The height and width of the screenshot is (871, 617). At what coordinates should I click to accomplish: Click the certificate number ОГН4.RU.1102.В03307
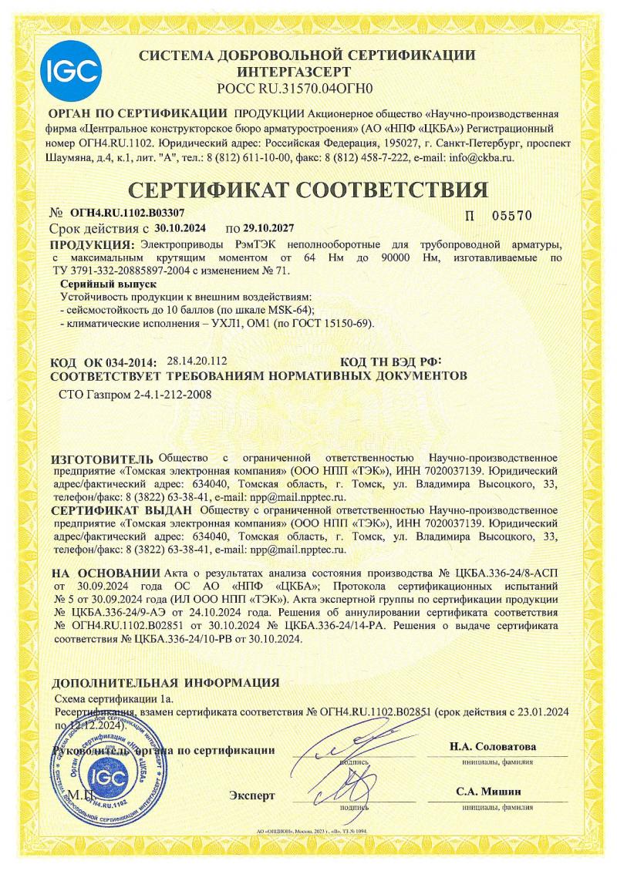[x=123, y=212]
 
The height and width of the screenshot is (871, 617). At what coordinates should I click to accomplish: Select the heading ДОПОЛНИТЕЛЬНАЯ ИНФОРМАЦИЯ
[x=165, y=682]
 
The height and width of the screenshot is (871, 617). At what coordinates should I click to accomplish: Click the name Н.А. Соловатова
[x=493, y=747]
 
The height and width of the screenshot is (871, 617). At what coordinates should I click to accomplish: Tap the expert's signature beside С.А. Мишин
[x=351, y=790]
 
